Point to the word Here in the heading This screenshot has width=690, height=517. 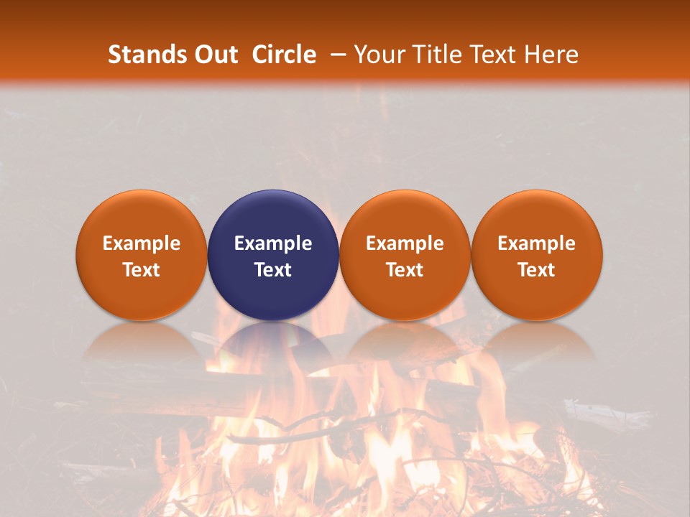click(551, 55)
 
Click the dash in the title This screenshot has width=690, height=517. click(338, 55)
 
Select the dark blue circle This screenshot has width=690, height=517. click(273, 255)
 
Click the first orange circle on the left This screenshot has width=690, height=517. click(142, 255)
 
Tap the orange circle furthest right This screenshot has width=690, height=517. click(537, 255)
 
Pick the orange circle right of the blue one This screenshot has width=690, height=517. click(405, 255)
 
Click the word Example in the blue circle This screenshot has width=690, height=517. click(273, 243)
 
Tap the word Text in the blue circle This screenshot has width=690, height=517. click(273, 270)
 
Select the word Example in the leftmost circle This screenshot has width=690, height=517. click(142, 243)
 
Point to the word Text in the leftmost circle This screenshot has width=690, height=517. click(142, 270)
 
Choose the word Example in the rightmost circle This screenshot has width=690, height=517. click(537, 243)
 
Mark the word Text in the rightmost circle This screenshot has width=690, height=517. click(537, 270)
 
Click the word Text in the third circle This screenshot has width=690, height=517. click(405, 270)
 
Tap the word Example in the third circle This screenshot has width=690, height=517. click(405, 243)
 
